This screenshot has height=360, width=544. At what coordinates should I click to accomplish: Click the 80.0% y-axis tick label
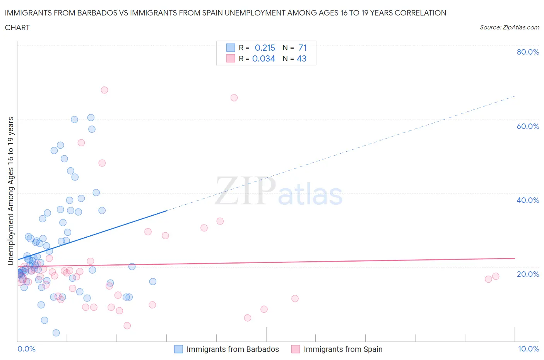coord(528,52)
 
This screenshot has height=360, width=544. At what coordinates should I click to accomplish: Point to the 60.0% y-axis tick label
coord(528,126)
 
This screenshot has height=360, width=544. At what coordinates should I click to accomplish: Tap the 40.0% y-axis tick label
coord(528,200)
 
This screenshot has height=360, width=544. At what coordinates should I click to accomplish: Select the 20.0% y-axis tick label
coord(528,274)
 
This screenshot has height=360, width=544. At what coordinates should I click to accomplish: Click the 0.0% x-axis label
coord(26,349)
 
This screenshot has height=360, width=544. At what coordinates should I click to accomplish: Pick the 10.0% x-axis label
coord(528,349)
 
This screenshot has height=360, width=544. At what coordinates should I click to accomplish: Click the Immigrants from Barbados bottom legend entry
coord(232,349)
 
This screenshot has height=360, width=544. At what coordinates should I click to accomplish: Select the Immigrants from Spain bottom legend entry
coord(343,349)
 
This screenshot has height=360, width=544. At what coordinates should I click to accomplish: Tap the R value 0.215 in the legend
coord(265,48)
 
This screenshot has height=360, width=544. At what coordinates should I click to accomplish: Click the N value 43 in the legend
coord(301,58)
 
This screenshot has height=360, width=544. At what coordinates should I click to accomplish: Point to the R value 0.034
coord(263,58)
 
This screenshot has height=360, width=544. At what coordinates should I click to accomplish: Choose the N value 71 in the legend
coord(302,48)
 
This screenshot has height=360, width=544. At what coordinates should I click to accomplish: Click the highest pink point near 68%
coord(104,90)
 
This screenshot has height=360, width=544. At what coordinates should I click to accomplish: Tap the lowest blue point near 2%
coord(56,333)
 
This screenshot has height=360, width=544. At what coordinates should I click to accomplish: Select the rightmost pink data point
coord(496,276)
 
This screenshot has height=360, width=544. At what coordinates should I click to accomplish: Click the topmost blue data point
coord(91,118)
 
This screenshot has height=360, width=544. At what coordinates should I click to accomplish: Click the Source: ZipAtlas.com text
coord(509,27)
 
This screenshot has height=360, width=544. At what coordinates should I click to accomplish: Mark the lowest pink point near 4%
coord(127,326)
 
